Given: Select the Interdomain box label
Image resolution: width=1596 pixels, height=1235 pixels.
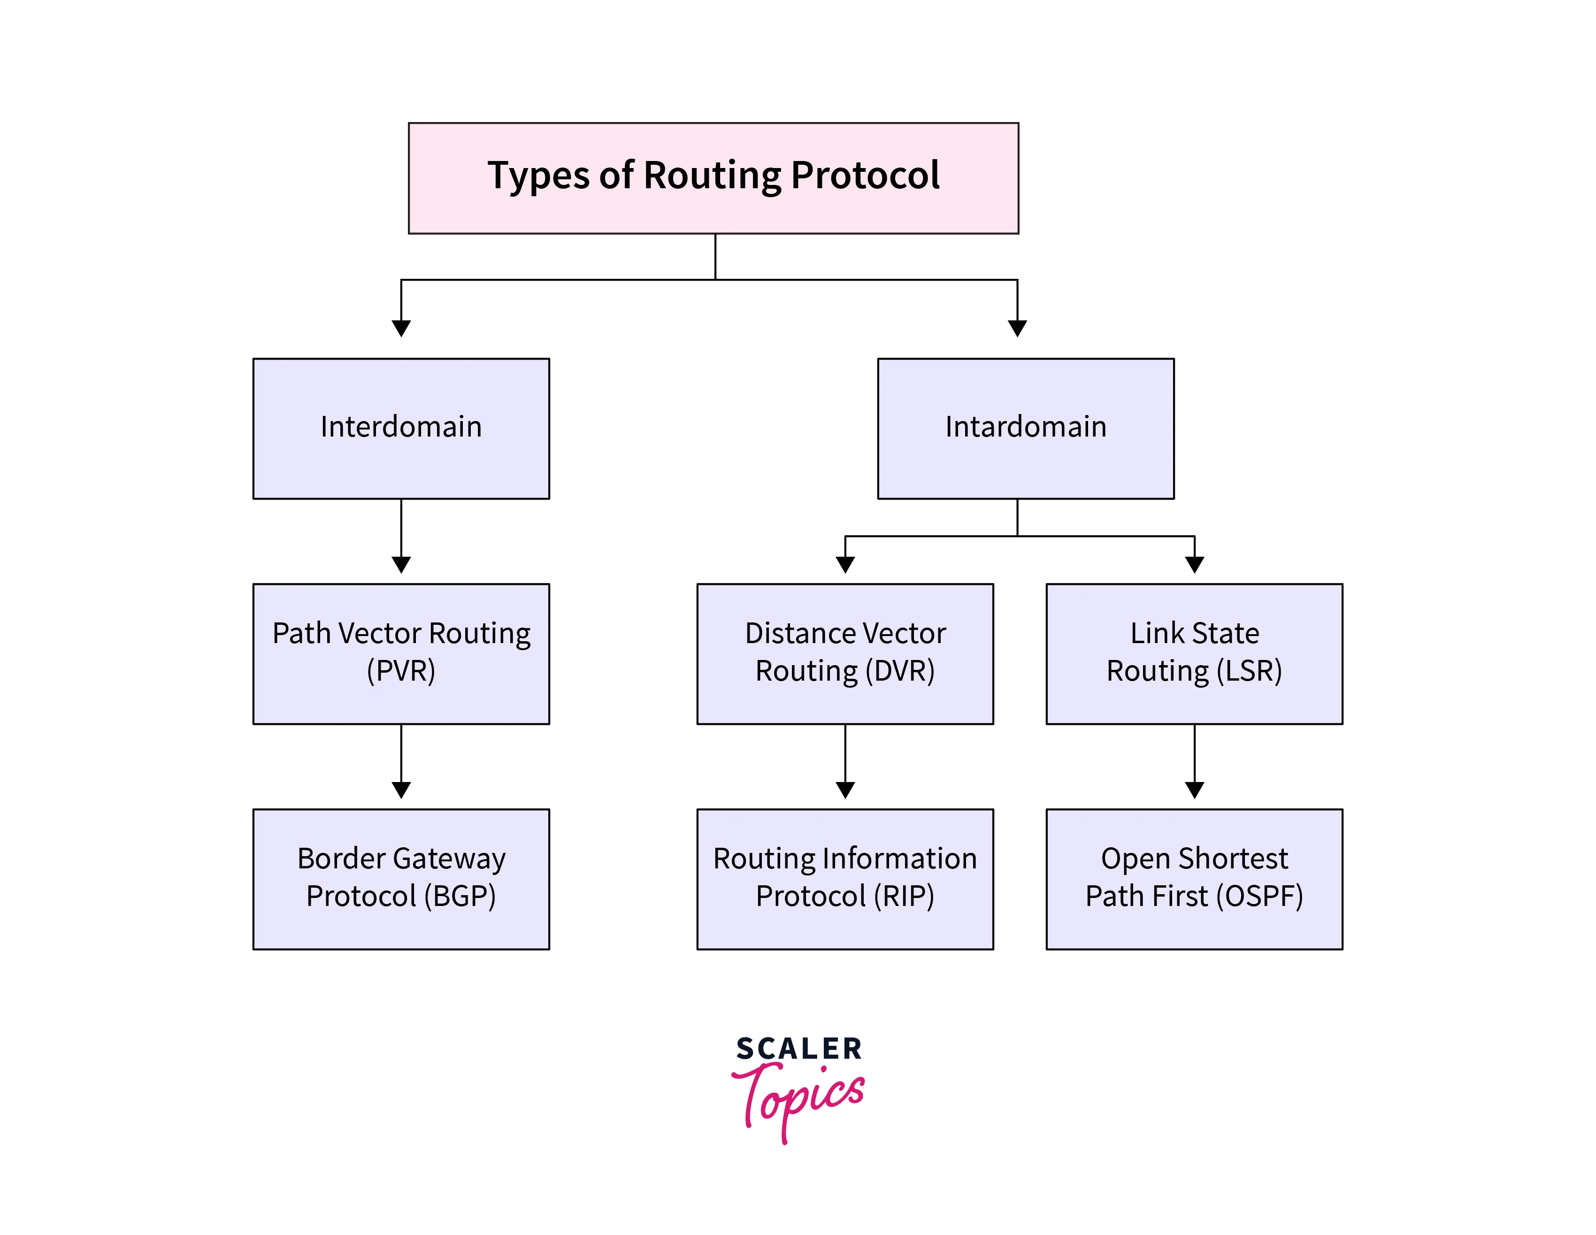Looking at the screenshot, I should [x=401, y=427].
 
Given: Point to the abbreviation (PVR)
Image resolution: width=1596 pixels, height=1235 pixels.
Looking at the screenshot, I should [x=401, y=671].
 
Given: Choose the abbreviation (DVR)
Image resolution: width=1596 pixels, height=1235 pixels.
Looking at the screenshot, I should [x=899, y=671].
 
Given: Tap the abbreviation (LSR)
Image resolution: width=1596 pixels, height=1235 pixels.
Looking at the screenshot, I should [x=1249, y=671].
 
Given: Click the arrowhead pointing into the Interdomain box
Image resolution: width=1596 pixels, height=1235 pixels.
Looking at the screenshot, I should [x=401, y=328].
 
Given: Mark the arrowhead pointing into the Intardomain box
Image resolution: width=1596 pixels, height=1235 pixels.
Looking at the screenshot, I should [x=1017, y=328].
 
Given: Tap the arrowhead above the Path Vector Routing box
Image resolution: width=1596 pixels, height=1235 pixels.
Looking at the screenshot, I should [x=401, y=564].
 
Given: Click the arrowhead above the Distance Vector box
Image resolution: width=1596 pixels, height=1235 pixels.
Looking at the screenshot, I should [x=845, y=564].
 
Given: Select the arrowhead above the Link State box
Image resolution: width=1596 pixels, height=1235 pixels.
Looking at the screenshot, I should [x=1195, y=564].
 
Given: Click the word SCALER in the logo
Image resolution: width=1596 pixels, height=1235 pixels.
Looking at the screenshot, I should [x=799, y=1049].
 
